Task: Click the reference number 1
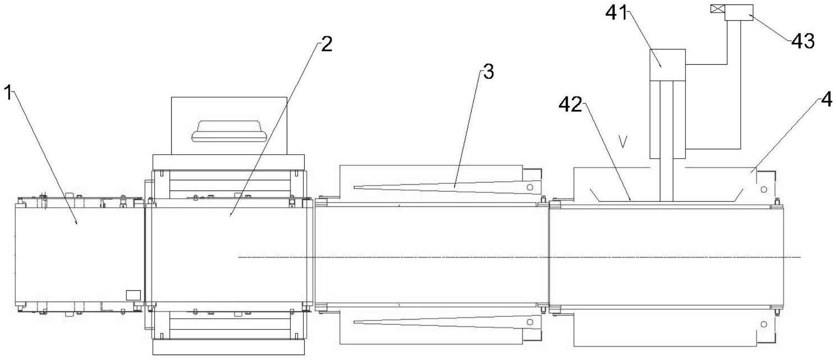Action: point(7,94)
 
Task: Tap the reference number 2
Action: point(326,45)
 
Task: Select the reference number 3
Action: point(488,72)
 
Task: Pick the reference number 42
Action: point(570,105)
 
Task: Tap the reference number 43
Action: point(803,41)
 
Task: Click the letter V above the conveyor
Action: point(623,142)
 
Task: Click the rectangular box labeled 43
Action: point(739,12)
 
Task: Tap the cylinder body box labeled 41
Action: point(668,65)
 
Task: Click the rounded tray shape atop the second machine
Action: point(229,131)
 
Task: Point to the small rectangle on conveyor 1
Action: point(133,295)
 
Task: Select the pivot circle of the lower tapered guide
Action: point(530,322)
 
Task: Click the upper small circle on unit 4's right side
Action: point(764,189)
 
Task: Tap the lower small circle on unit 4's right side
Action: point(764,324)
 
